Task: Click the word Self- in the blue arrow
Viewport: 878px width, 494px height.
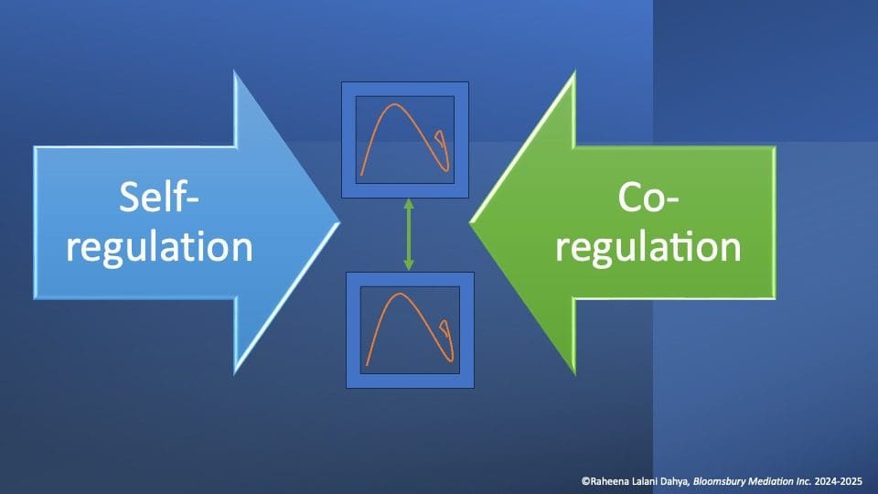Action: tap(159, 198)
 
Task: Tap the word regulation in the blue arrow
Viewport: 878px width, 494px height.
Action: tap(159, 247)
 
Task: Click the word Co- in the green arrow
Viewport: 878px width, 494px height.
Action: tap(648, 198)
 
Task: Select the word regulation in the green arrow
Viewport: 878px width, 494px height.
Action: tap(648, 247)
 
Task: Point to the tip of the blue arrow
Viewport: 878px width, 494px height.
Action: tap(339, 223)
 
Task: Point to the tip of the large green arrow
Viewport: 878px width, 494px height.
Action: tap(470, 223)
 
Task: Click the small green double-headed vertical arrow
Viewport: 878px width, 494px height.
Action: tap(409, 235)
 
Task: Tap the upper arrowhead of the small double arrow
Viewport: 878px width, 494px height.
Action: tap(409, 204)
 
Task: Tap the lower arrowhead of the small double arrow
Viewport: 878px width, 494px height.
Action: tap(409, 265)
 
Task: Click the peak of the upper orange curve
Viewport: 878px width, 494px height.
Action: tap(395, 104)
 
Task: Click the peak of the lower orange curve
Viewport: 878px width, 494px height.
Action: tap(400, 294)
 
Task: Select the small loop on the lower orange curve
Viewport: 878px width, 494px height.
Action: tap(446, 330)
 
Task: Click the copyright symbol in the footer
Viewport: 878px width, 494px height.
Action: tap(585, 481)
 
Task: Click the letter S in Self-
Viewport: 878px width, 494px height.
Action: tap(129, 198)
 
